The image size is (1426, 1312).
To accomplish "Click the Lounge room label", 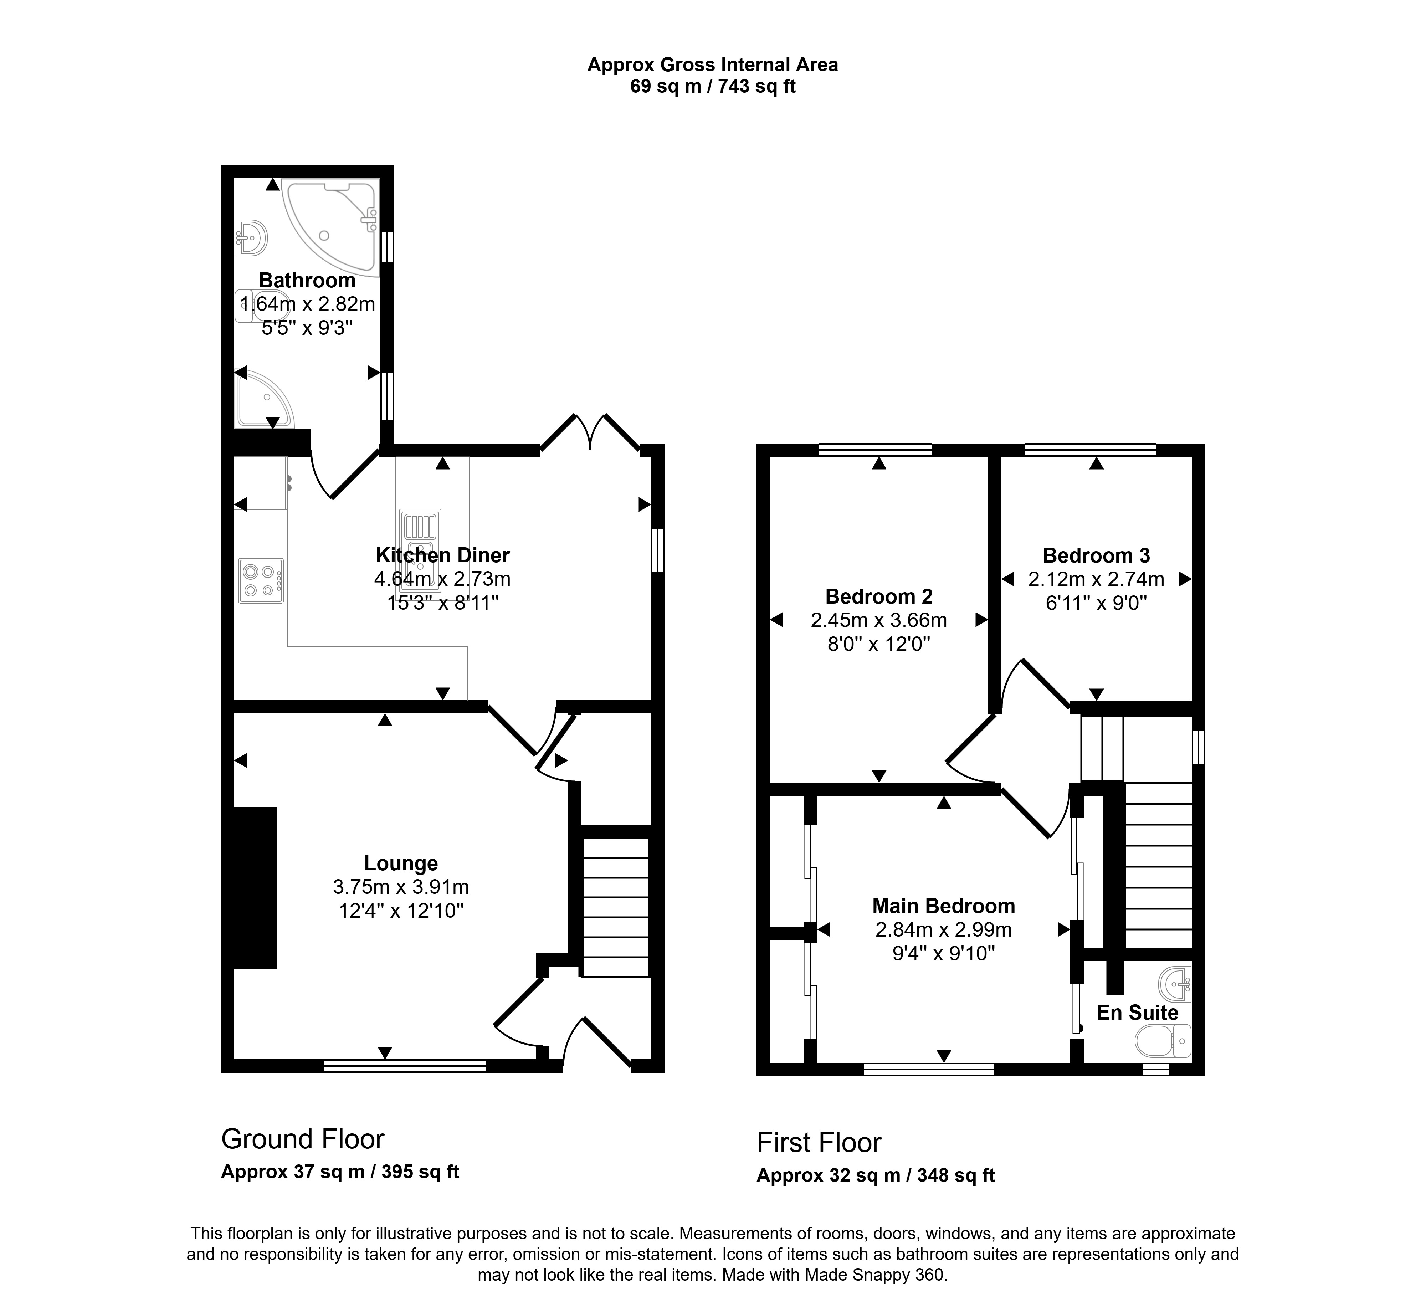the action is click(401, 863).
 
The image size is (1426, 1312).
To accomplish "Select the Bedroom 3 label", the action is click(1096, 555).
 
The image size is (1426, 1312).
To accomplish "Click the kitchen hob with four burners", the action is click(261, 581).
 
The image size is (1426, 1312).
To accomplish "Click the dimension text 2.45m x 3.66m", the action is click(879, 620).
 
